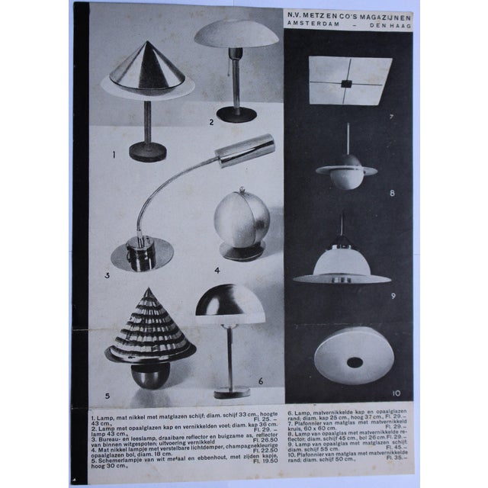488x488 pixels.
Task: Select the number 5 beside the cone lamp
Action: [x=107, y=396]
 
